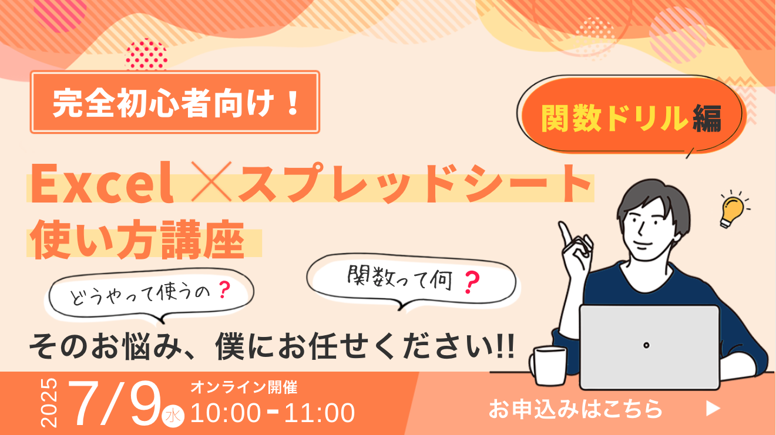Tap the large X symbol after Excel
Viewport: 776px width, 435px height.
(211, 181)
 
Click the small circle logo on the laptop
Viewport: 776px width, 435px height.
(646, 345)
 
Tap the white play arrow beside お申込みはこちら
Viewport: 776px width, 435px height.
(713, 409)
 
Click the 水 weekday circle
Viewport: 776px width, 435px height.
(173, 416)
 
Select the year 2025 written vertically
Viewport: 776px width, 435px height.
(49, 403)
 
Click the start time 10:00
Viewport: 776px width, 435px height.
(226, 413)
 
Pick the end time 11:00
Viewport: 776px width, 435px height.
(320, 413)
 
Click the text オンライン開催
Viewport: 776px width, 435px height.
(244, 387)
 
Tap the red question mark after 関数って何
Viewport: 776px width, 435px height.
(472, 282)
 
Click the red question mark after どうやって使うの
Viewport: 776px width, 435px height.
(224, 290)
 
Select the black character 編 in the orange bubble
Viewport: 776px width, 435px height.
(707, 118)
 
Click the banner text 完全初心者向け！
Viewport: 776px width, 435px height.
(176, 103)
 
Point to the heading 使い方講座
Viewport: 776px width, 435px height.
(137, 239)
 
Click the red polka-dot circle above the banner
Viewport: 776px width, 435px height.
(146, 55)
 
